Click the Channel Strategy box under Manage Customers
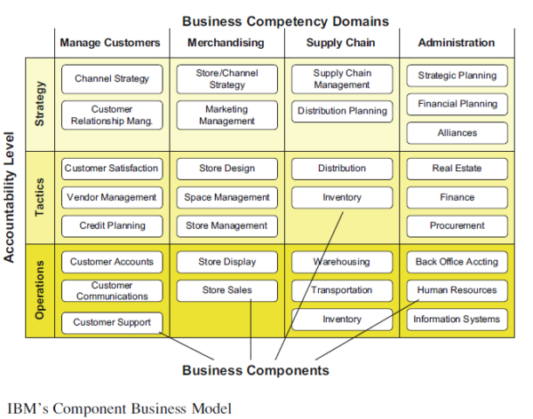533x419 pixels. pyautogui.click(x=112, y=79)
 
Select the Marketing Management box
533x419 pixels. pyautogui.click(x=227, y=115)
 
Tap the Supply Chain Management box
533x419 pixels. pyautogui.click(x=342, y=79)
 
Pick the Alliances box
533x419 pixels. pyautogui.click(x=457, y=133)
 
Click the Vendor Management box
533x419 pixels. pyautogui.click(x=112, y=197)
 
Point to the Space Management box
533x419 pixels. pyautogui.click(x=227, y=197)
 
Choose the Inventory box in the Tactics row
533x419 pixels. pyautogui.click(x=342, y=197)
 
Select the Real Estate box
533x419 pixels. pyautogui.click(x=457, y=169)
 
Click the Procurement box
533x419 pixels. pyautogui.click(x=457, y=225)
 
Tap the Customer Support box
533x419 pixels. pyautogui.click(x=112, y=322)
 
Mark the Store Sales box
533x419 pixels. pyautogui.click(x=227, y=290)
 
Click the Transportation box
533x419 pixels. pyautogui.click(x=342, y=290)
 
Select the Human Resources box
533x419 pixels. pyautogui.click(x=457, y=290)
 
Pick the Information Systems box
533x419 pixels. pyautogui.click(x=457, y=320)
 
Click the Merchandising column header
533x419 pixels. pyautogui.click(x=227, y=43)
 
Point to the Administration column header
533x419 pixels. pyautogui.click(x=457, y=43)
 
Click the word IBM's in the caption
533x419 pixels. pyautogui.click(x=27, y=407)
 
